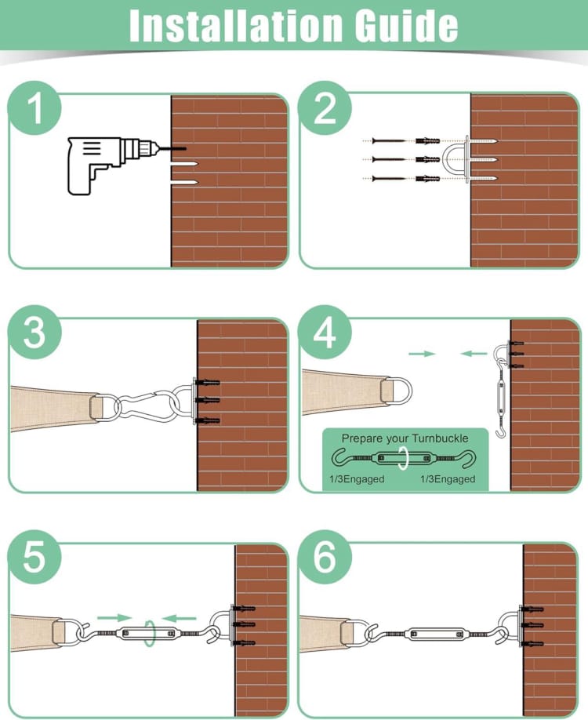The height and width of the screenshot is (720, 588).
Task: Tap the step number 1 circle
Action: pyautogui.click(x=34, y=108)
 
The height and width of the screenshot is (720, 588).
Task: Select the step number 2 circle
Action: pyautogui.click(x=325, y=108)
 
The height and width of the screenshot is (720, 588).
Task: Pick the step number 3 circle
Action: pyautogui.click(x=34, y=332)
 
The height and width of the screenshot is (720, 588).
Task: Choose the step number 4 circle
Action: pyautogui.click(x=325, y=332)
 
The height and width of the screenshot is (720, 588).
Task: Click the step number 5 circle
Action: pyautogui.click(x=34, y=557)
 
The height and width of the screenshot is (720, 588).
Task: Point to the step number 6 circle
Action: pyautogui.click(x=325, y=557)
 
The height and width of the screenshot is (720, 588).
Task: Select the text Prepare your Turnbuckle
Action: pyautogui.click(x=405, y=438)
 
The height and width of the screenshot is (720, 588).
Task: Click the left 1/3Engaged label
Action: pyautogui.click(x=357, y=479)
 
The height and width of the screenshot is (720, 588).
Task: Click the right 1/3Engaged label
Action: pyautogui.click(x=448, y=479)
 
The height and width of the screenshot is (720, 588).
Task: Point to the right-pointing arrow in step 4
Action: pyautogui.click(x=422, y=354)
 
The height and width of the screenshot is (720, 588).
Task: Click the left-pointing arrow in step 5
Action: pyautogui.click(x=180, y=617)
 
